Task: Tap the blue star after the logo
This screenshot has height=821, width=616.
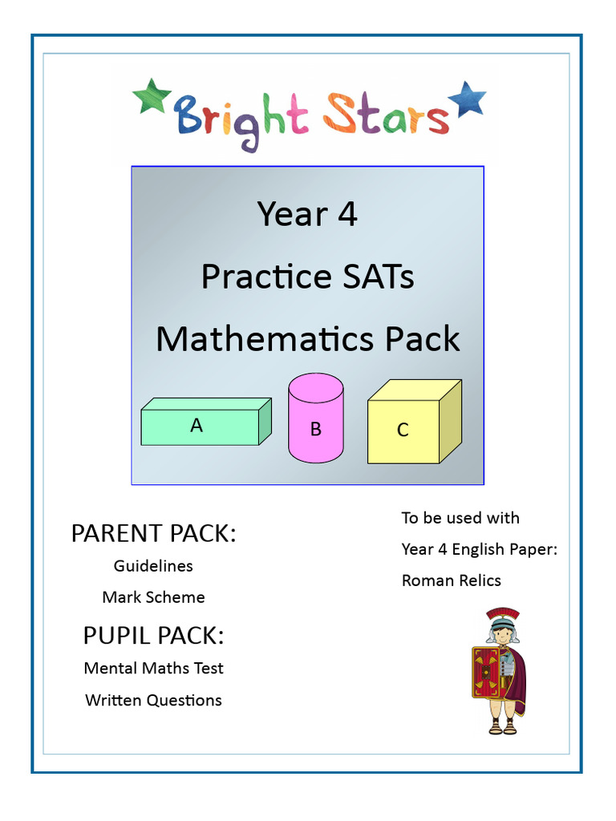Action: [467, 100]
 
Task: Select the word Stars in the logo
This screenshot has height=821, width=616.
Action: [385, 116]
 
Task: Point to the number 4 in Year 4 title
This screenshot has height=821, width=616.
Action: [346, 214]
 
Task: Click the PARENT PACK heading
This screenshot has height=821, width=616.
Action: [153, 533]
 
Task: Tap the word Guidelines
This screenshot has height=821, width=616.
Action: [153, 565]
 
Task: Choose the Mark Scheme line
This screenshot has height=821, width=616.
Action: [153, 597]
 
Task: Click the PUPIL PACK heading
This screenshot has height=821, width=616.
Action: [153, 636]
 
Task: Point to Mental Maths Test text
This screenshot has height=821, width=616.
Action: [153, 668]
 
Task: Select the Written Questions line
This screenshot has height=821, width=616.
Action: [153, 700]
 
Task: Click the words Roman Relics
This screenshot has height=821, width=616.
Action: [451, 580]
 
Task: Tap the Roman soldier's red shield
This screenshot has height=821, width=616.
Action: [484, 672]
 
